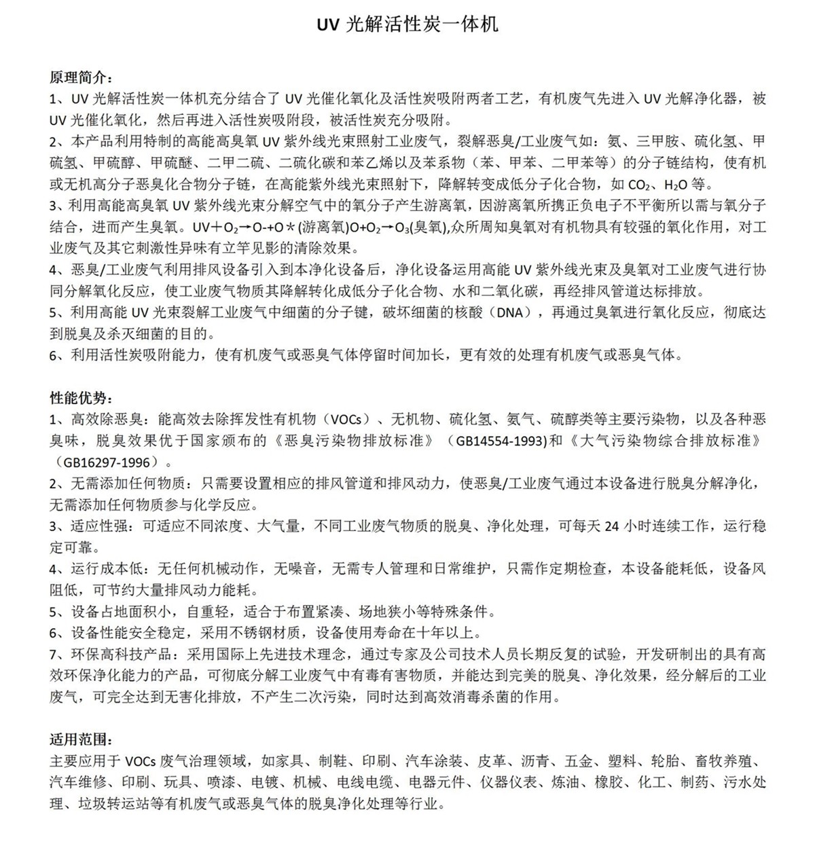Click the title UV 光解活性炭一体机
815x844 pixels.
[407, 24]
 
